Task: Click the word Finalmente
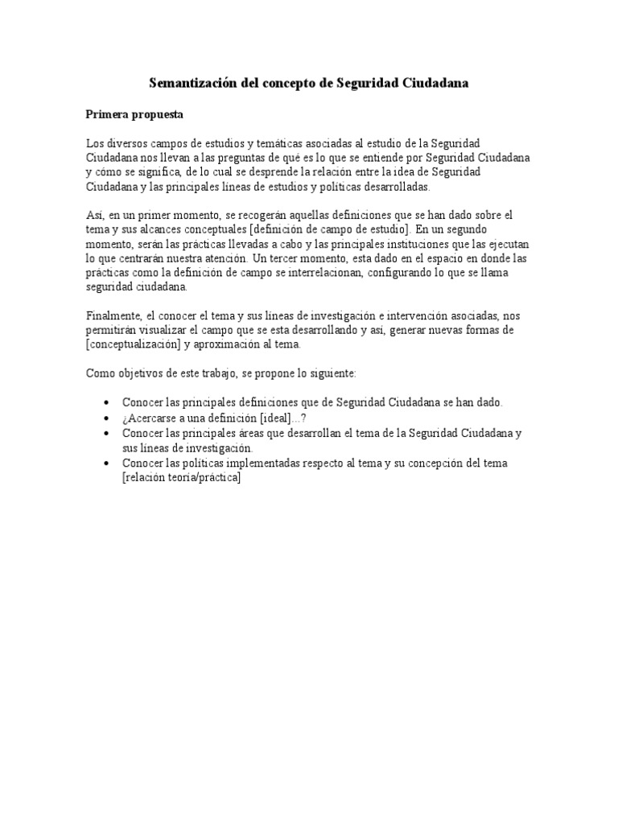[113, 316]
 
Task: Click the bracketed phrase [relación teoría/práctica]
[181, 478]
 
